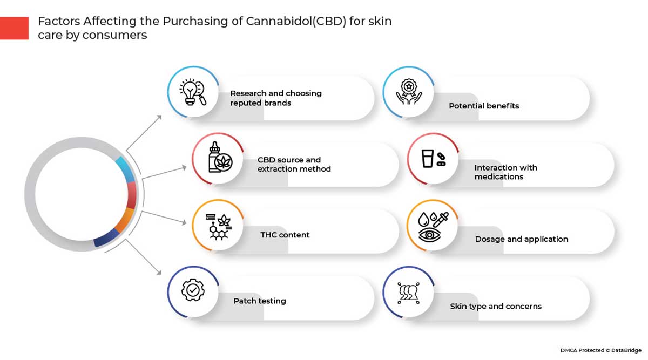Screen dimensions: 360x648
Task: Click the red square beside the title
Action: pos(14,28)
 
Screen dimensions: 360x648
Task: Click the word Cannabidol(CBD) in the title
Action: pos(287,22)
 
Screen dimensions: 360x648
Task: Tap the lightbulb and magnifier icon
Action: pos(193,92)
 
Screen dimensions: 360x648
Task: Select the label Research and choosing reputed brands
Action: pos(275,98)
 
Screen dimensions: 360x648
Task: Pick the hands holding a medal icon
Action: pos(409,92)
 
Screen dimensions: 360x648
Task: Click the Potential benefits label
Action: pos(483,106)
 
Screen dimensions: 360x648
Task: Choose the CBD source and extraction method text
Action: pos(294,164)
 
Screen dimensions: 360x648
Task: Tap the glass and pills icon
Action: pos(433,159)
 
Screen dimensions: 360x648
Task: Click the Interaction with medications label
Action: pos(505,172)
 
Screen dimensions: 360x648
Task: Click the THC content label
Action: pos(285,235)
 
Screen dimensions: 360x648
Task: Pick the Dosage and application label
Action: pos(521,239)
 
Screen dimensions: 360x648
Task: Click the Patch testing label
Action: pos(259,301)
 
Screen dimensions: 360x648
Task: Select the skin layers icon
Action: pos(409,292)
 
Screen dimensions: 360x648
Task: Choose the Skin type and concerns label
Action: pos(495,306)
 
